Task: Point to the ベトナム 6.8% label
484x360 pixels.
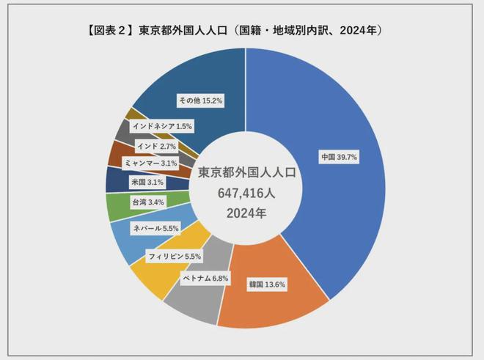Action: tap(205, 278)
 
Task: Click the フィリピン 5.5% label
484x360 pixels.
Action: tap(174, 257)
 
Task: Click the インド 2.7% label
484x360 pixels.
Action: tap(155, 146)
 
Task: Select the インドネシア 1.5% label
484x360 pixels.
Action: tap(162, 126)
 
